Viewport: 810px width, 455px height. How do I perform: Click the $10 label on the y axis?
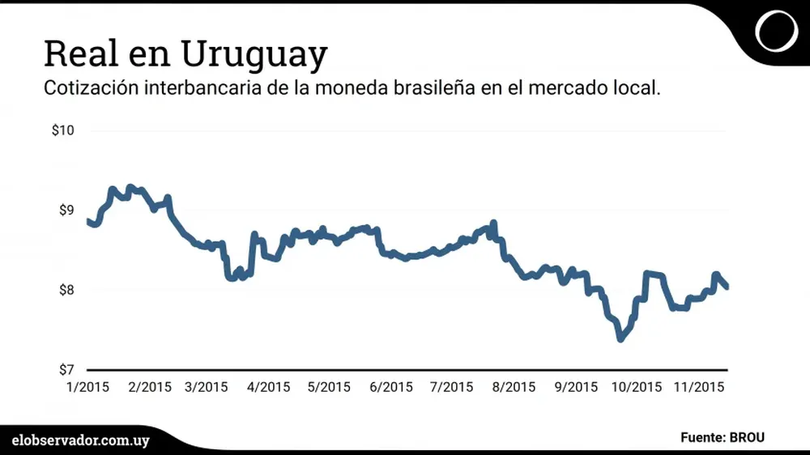tap(62, 130)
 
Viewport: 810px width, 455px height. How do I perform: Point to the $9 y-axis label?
tap(66, 210)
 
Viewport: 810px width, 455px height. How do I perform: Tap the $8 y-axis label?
tap(66, 290)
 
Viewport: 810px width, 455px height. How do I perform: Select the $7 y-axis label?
tap(66, 370)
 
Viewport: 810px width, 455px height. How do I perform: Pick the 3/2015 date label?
tap(206, 387)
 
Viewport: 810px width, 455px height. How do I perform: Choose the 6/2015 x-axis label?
tap(390, 387)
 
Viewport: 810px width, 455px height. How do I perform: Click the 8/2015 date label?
tap(513, 387)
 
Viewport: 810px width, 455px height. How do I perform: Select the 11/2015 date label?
tap(699, 387)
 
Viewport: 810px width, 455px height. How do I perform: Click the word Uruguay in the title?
tap(254, 55)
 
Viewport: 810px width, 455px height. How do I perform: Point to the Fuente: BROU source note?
tap(723, 438)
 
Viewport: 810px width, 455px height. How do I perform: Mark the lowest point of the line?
tap(620, 338)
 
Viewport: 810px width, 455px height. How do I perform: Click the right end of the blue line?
tap(727, 286)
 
